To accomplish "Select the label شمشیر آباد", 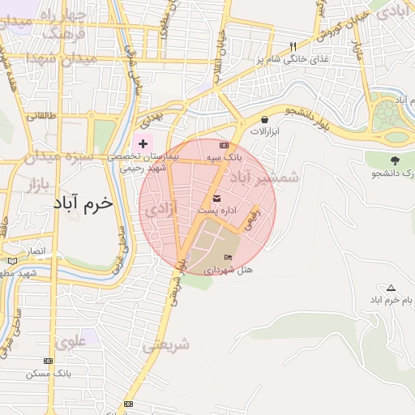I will (x=264, y=176).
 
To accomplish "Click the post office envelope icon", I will (x=216, y=199).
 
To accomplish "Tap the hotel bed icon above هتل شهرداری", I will (x=228, y=257).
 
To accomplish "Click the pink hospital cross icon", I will (x=143, y=143).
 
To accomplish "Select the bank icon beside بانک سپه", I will (x=225, y=144).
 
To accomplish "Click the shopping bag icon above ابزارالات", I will (x=265, y=119).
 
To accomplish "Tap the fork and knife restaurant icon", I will (x=293, y=46).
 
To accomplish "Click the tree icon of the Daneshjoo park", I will (x=395, y=160).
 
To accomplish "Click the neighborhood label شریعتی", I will (x=166, y=344).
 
